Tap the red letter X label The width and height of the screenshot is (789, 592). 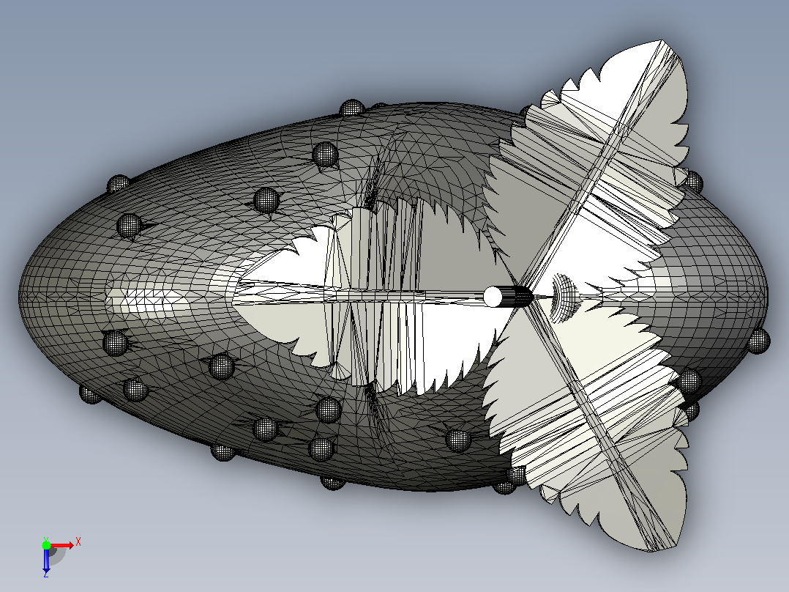point(78,542)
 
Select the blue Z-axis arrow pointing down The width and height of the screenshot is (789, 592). point(46,560)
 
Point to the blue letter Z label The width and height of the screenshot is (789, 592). point(46,574)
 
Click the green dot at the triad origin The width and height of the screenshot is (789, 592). point(46,545)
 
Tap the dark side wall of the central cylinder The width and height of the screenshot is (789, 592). point(517,296)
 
